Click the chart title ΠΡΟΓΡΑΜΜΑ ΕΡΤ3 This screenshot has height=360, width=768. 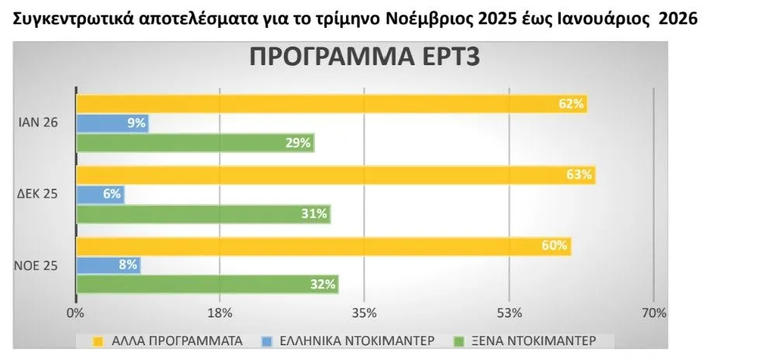pos(365,60)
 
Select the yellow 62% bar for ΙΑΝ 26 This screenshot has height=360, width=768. pos(331,103)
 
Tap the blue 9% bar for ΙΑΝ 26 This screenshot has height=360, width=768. pos(112,123)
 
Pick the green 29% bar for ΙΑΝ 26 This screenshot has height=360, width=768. pos(195,143)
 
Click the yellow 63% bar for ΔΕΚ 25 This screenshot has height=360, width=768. pos(335,175)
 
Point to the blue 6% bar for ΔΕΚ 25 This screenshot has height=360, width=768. pos(100,194)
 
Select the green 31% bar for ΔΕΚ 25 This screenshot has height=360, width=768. pos(203,214)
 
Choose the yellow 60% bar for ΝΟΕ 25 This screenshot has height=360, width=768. pos(323,246)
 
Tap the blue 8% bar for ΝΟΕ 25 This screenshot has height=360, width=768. pos(108,265)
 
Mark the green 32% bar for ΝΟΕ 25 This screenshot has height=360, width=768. pos(207,285)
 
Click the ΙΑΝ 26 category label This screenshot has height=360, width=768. pos(37,123)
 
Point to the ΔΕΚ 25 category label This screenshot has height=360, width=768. pos(37,194)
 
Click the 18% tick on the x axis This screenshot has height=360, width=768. pos(220,313)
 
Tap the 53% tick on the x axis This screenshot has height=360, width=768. pos(509,313)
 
